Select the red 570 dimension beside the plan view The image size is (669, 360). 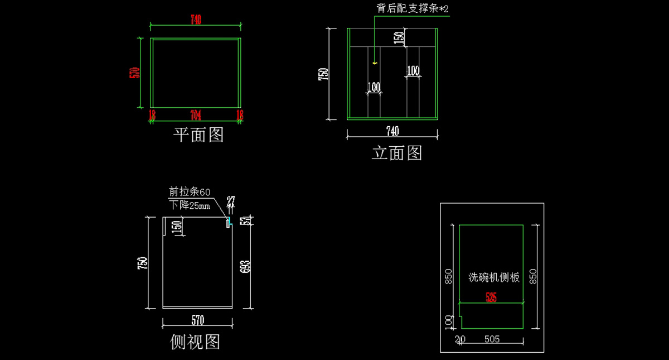pos(134,73)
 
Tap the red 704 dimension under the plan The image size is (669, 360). pos(196,115)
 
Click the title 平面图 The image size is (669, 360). pos(198,135)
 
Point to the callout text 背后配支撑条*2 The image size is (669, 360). pos(413,8)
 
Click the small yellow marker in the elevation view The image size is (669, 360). pos(375,63)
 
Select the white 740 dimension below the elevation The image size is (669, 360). pos(392,131)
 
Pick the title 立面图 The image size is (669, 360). pos(397,152)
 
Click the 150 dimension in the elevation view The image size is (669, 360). pos(399,37)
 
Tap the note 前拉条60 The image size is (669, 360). pos(190,192)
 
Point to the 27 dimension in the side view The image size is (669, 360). pos(230,201)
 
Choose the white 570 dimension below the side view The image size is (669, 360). pos(198,320)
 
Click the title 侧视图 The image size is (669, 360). pos(195,342)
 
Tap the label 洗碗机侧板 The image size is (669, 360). pos(494,277)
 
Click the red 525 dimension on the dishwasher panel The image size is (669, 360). pos(491,297)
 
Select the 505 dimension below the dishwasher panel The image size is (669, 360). pos(492,339)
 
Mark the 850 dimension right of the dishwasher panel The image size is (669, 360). pos(534,276)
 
